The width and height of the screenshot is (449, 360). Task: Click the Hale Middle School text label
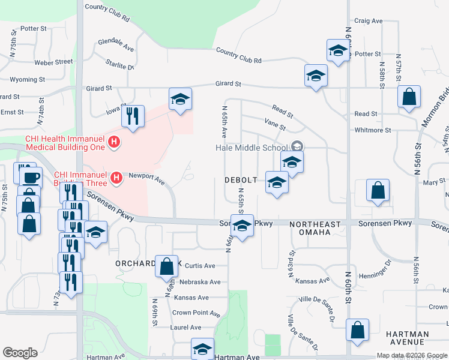pyautogui.click(x=252, y=148)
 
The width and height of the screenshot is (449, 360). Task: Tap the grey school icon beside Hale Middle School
pyautogui.click(x=297, y=146)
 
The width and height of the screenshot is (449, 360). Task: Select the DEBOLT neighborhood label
pyautogui.click(x=241, y=180)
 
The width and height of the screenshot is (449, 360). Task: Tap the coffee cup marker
pyautogui.click(x=31, y=178)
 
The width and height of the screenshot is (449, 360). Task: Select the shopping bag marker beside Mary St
pyautogui.click(x=379, y=191)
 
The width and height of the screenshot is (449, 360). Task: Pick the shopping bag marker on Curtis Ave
pyautogui.click(x=167, y=266)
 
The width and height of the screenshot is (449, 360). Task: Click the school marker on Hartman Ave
pyautogui.click(x=203, y=349)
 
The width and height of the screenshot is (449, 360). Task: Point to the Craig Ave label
pyautogui.click(x=369, y=20)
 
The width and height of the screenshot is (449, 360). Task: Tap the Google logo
pyautogui.click(x=20, y=353)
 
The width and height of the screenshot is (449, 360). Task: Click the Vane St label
pyautogui.click(x=275, y=124)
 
